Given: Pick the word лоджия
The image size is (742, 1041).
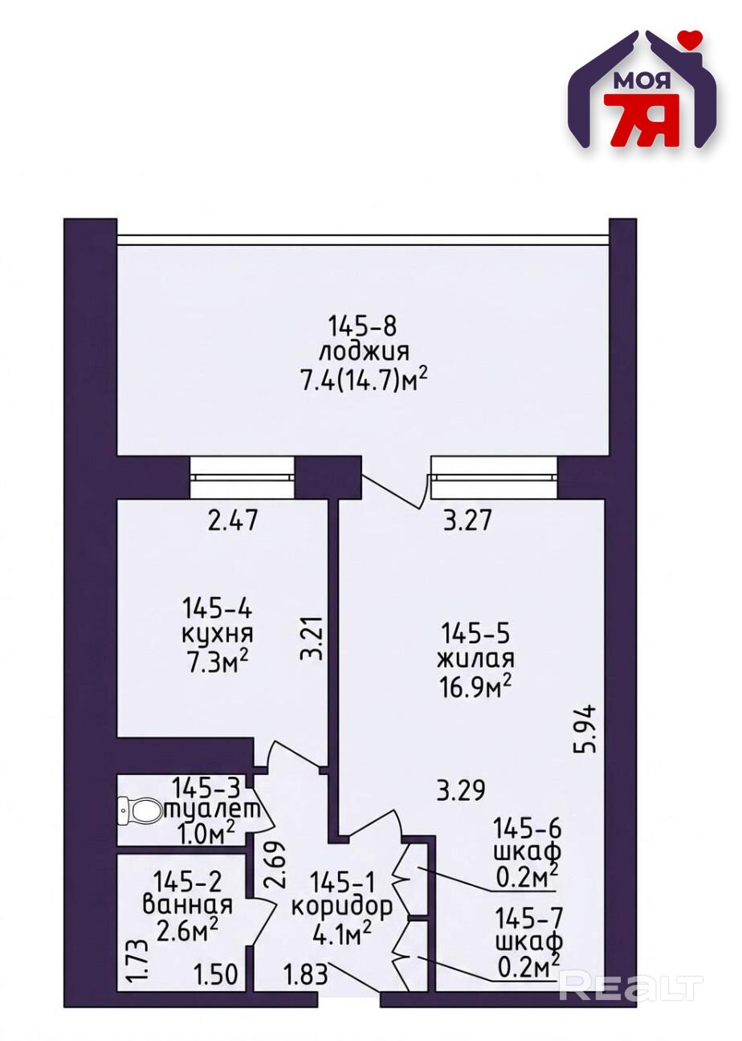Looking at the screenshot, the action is (x=363, y=351).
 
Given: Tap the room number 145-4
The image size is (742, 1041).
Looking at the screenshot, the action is (x=217, y=608).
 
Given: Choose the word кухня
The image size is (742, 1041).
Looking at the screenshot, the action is (x=217, y=635).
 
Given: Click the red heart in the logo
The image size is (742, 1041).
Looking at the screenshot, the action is (x=688, y=38).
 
